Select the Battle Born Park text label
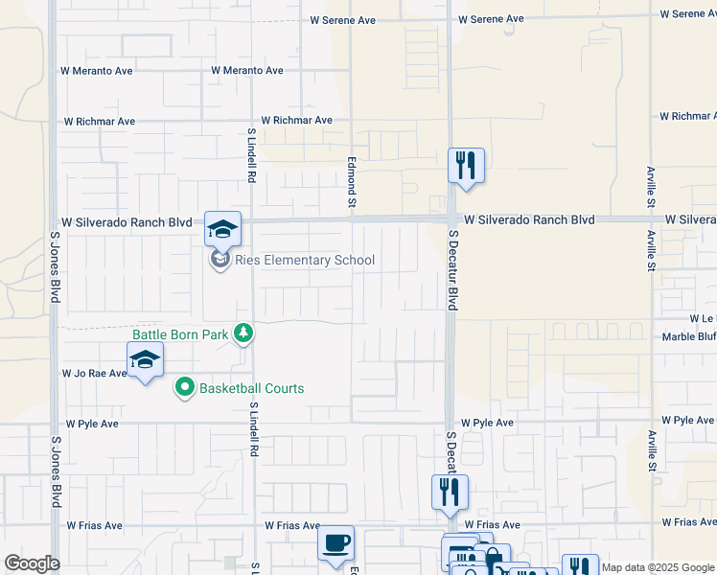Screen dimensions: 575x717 coord(181,333)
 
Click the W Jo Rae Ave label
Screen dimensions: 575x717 coord(94,373)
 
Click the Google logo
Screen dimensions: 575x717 coord(32,563)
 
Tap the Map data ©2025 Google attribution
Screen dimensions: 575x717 coord(659,567)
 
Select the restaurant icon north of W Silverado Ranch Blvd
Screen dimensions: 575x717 coord(466,165)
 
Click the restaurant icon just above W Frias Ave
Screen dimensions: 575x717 coord(450,492)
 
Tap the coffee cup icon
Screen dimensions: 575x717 coord(336,542)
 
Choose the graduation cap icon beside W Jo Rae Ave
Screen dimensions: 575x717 coord(145,359)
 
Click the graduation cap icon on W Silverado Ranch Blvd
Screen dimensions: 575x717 coord(222,229)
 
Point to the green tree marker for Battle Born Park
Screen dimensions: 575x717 coord(244,333)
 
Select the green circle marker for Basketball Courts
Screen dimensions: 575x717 coord(184,388)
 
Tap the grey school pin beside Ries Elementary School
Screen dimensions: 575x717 coord(220,260)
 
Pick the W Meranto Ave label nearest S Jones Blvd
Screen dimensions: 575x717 coord(96,70)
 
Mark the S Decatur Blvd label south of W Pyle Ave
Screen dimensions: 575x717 coord(450,452)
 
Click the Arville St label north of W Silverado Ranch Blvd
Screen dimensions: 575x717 coord(651,187)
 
